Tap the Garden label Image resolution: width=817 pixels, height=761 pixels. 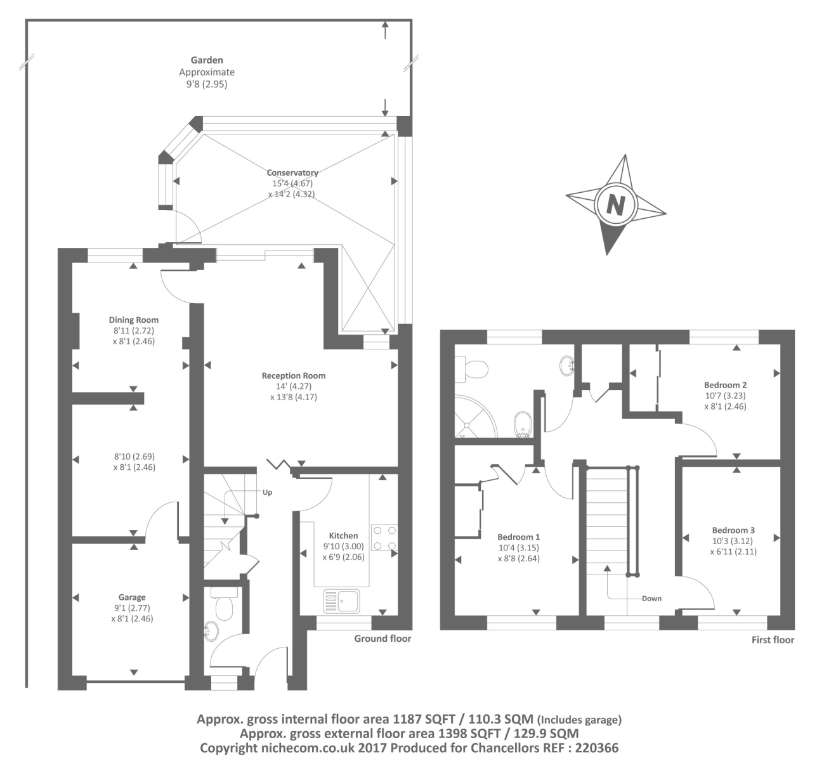(207, 60)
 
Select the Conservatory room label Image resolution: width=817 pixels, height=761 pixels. (292, 172)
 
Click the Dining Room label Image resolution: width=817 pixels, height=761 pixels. (134, 320)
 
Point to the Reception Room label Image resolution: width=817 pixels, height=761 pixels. (294, 375)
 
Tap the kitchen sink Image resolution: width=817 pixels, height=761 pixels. (341, 601)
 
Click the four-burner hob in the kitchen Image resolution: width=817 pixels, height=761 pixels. (384, 537)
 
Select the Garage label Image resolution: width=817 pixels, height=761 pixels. (132, 597)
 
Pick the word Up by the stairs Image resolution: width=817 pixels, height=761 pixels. (268, 492)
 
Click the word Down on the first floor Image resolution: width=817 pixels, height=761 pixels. (651, 599)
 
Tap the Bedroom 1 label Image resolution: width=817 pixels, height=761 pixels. (519, 537)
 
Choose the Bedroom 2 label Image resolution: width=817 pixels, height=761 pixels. (725, 385)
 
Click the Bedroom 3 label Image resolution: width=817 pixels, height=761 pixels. (733, 530)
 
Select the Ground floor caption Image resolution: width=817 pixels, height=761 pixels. (382, 639)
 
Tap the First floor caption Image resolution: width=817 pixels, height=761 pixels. (773, 640)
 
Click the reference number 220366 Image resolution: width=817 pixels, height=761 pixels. (596, 748)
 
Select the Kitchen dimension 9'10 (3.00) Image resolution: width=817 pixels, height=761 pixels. (344, 546)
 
